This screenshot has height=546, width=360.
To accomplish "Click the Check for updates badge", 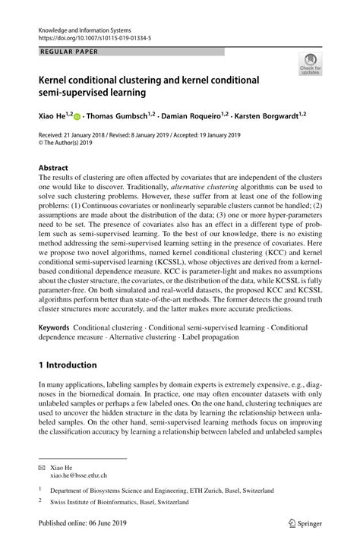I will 309,65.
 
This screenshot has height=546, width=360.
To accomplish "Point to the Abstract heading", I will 54,167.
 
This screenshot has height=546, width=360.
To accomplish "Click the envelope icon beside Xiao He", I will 43,466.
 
